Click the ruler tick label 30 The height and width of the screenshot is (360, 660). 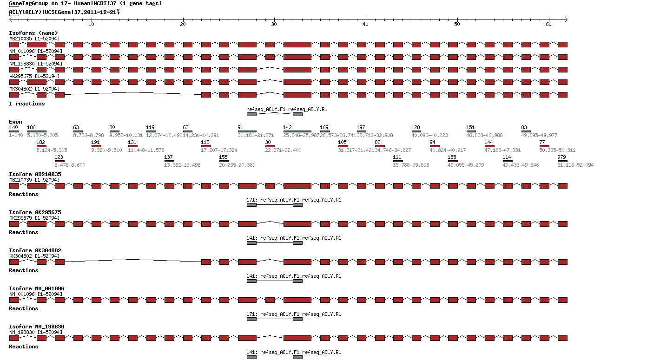pyautogui.click(x=274, y=24)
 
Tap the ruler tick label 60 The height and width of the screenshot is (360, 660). pyautogui.click(x=549, y=24)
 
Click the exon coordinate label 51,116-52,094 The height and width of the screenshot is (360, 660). pyautogui.click(x=575, y=165)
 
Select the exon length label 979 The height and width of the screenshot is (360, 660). pyautogui.click(x=561, y=157)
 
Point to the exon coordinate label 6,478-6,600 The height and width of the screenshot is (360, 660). pyautogui.click(x=70, y=165)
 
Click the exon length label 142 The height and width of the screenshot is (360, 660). pyautogui.click(x=288, y=128)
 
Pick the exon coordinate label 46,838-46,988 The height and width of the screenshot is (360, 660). pyautogui.click(x=485, y=135)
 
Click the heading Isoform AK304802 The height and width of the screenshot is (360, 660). pyautogui.click(x=35, y=250)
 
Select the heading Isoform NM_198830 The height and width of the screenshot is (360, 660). pyautogui.click(x=37, y=327)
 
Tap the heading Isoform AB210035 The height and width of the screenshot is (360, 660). pyautogui.click(x=35, y=174)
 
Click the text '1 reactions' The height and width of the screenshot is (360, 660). pyautogui.click(x=27, y=104)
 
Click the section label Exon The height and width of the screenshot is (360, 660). pyautogui.click(x=15, y=122)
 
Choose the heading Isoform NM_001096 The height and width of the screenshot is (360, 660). pyautogui.click(x=37, y=288)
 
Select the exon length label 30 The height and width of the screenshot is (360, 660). pyautogui.click(x=268, y=143)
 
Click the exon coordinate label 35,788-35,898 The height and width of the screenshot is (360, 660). pyautogui.click(x=411, y=165)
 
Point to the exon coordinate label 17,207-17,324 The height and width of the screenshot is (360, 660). pyautogui.click(x=219, y=150)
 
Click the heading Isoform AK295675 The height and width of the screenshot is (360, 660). pyautogui.click(x=35, y=212)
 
